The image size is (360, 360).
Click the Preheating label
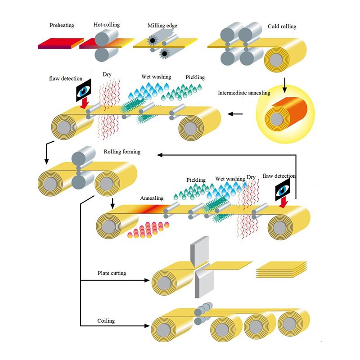pyautogui.click(x=62, y=25)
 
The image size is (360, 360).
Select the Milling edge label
pyautogui.click(x=162, y=26)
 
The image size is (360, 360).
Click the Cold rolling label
pyautogui.click(x=282, y=27)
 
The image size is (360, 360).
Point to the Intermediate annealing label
pyautogui.click(x=244, y=93)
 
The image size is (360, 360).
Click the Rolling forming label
pyautogui.click(x=122, y=152)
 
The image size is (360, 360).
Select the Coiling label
pyautogui.click(x=106, y=321)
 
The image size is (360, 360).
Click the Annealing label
pyautogui.click(x=152, y=198)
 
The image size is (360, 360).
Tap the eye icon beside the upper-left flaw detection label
pyautogui.click(x=83, y=90)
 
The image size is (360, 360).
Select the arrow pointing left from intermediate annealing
pyautogui.click(x=235, y=114)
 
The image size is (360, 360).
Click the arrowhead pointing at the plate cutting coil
pyautogui.click(x=147, y=280)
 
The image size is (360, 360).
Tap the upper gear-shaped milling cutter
pyautogui.click(x=153, y=40)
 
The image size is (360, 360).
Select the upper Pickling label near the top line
pyautogui.click(x=195, y=77)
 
